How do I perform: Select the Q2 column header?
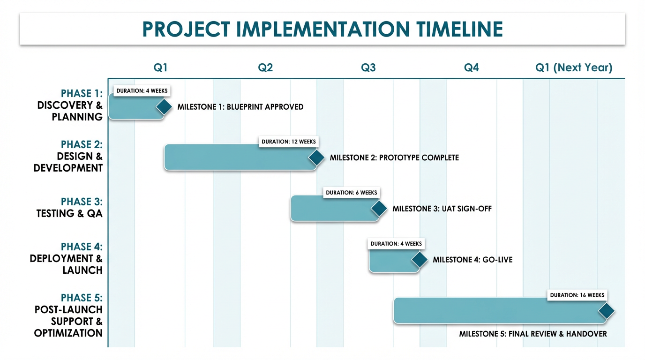(265, 67)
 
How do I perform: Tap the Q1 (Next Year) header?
(574, 67)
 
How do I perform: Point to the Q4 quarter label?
(471, 67)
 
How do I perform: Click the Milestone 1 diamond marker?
(164, 107)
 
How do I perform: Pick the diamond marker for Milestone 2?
(316, 157)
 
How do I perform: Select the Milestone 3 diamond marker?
(379, 209)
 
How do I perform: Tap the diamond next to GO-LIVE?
(419, 260)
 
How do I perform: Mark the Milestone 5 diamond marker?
(606, 311)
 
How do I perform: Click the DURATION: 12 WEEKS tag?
(288, 142)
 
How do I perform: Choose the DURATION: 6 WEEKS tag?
(352, 193)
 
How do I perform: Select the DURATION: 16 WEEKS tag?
(577, 295)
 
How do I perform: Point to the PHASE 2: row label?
(82, 144)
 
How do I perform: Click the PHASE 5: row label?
(82, 298)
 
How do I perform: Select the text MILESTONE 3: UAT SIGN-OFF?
(442, 209)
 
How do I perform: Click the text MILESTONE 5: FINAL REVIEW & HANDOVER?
(533, 334)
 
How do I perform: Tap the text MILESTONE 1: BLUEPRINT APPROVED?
(240, 107)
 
